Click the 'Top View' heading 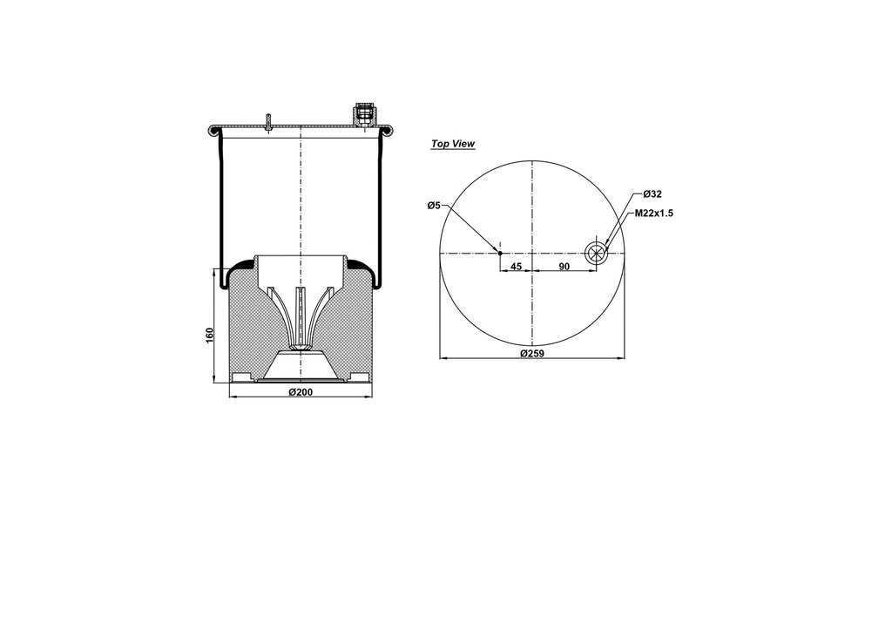click(453, 144)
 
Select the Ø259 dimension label click(532, 353)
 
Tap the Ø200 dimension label click(301, 392)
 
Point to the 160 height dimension click(209, 336)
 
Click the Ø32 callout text click(652, 194)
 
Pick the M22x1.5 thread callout click(654, 214)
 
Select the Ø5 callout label click(434, 205)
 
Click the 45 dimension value click(516, 267)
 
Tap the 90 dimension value click(564, 267)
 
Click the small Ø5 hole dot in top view click(500, 254)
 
